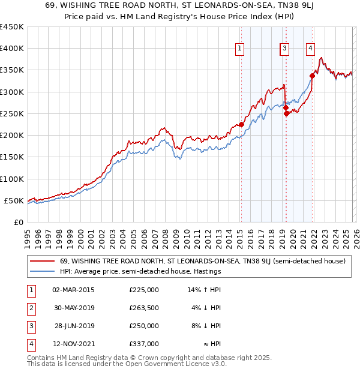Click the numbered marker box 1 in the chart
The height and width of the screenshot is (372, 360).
coord(240,49)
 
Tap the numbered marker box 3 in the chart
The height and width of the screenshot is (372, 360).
coord(284,49)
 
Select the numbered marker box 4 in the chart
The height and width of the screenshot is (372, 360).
coord(311,49)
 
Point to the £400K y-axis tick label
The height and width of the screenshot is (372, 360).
coord(12,49)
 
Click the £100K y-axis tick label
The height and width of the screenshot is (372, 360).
coord(12,179)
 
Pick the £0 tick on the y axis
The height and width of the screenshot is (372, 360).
coord(19,222)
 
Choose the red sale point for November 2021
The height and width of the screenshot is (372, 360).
coord(313,76)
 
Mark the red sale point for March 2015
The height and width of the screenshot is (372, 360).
coord(241,124)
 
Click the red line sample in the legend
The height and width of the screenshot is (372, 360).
coord(43,262)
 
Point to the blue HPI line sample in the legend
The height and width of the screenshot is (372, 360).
coord(43,271)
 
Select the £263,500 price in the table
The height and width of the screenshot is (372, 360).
coord(144,308)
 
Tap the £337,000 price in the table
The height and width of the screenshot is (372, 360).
coord(144,344)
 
